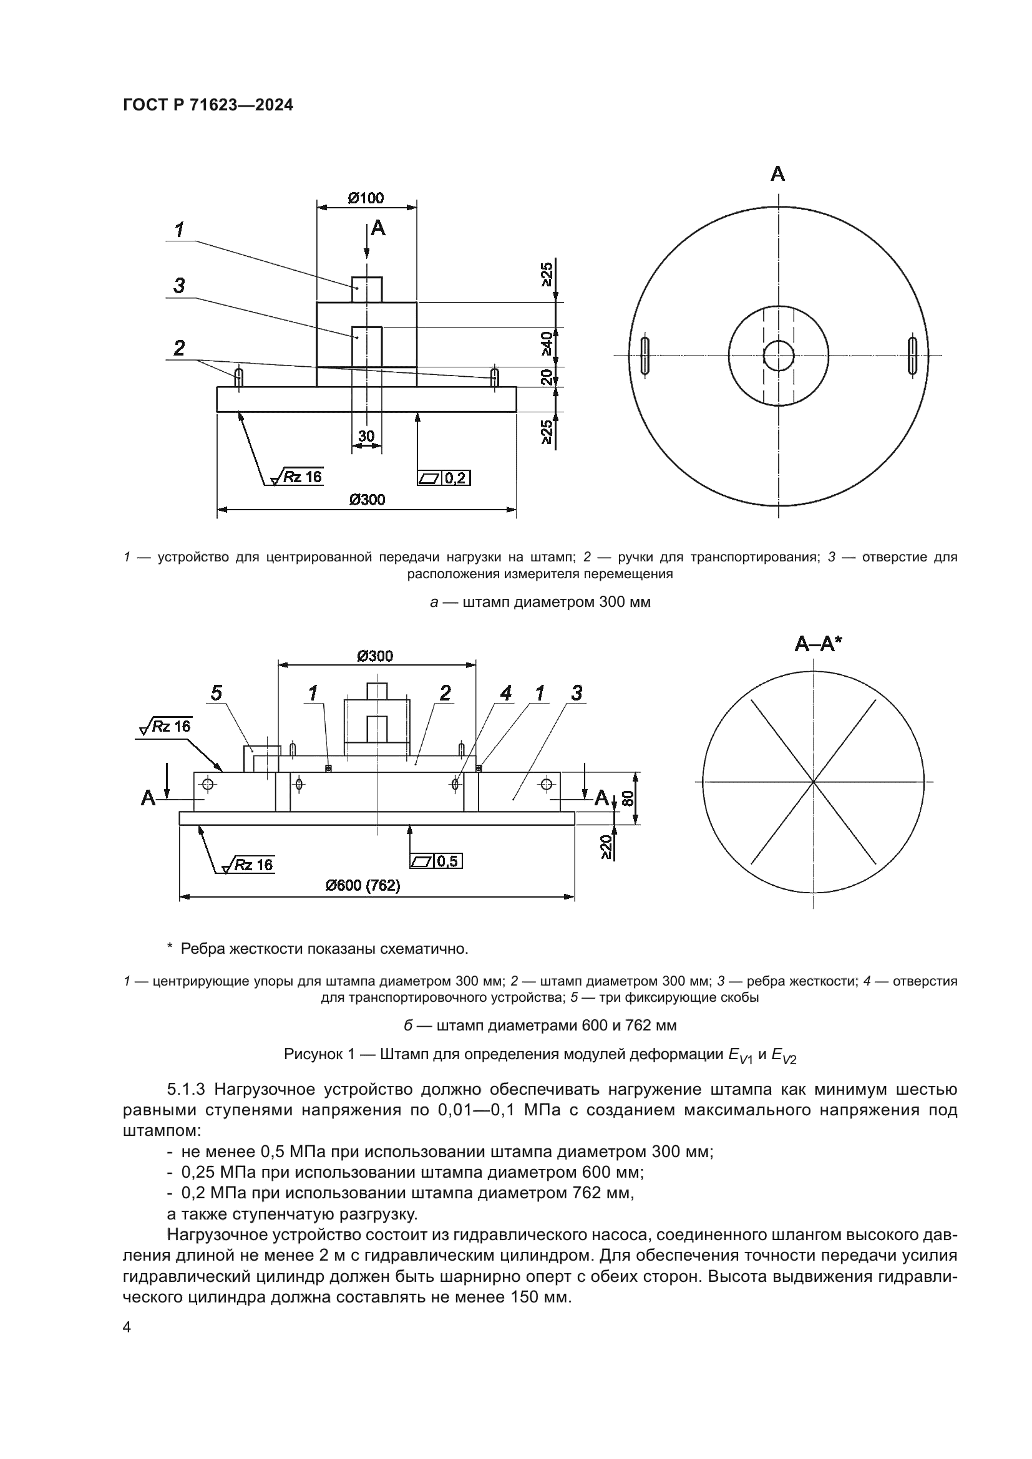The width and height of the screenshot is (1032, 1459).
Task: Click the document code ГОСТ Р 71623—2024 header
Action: point(208,105)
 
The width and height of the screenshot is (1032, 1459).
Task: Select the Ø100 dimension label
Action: point(367,198)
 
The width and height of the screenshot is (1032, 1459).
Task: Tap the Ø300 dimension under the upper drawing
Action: point(367,500)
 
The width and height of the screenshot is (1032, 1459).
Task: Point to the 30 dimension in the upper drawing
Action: point(366,436)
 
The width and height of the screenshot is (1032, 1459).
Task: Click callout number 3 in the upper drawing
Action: point(179,286)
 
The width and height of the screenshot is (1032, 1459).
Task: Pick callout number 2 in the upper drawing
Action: point(179,348)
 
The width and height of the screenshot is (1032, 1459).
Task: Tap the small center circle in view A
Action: point(779,355)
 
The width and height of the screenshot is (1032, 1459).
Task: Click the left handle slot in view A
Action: point(646,355)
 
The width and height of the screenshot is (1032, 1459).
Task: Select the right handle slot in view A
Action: point(913,355)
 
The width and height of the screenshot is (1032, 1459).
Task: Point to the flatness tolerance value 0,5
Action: point(447,861)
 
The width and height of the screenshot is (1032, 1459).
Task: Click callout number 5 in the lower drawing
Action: point(217,693)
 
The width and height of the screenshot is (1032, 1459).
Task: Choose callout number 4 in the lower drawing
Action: point(506,693)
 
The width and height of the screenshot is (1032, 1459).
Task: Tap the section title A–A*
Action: point(818,644)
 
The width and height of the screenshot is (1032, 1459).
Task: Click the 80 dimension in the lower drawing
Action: point(628,798)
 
